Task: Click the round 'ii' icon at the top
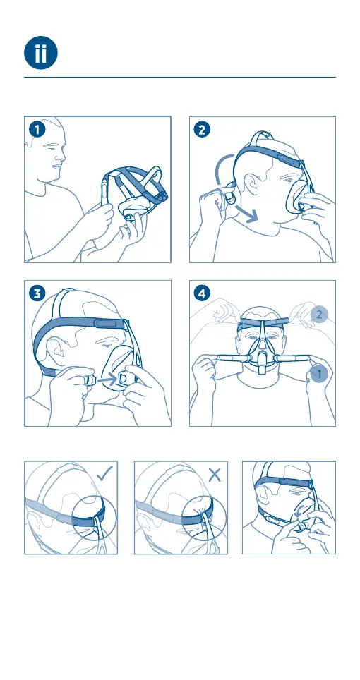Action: pos(41,52)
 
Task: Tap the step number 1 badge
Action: pos(37,130)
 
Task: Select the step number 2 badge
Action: pos(202,130)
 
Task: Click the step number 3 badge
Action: pos(37,293)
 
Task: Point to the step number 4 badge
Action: pos(202,293)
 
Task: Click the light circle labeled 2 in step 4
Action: pos(319,315)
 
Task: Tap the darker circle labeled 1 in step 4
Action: pos(319,375)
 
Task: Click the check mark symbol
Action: pos(104,473)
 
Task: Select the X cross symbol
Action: pos(215,475)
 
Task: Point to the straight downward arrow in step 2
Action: pos(246,213)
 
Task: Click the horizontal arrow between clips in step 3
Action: pos(107,380)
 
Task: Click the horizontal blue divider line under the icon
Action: pos(180,78)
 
